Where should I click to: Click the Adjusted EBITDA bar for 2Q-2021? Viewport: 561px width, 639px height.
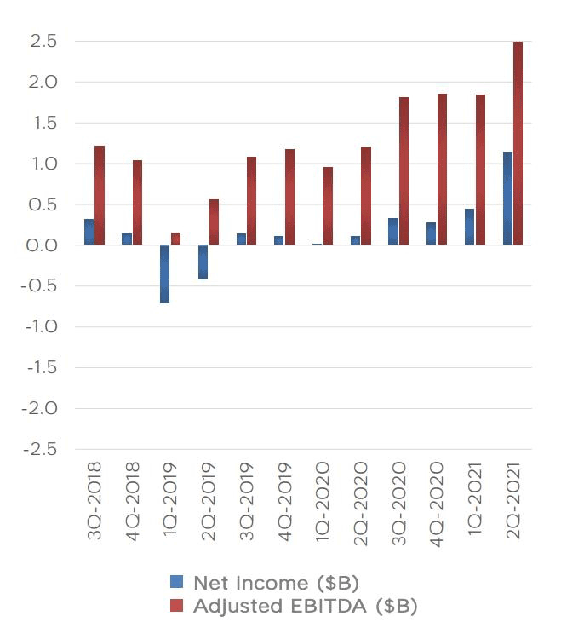click(x=518, y=143)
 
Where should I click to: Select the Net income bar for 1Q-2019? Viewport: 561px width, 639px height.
click(x=164, y=273)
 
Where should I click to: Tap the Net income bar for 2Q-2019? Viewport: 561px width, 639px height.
click(x=203, y=262)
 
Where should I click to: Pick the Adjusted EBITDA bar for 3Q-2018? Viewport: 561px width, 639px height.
click(x=100, y=195)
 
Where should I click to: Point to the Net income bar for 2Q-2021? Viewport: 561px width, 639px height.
click(x=507, y=199)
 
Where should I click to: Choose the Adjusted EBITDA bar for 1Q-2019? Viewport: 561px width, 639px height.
click(x=175, y=239)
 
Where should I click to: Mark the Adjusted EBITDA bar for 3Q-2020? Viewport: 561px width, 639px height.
click(x=404, y=171)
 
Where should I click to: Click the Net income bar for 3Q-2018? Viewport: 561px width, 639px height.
click(x=89, y=232)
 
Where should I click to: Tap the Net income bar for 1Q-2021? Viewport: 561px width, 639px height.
click(x=469, y=227)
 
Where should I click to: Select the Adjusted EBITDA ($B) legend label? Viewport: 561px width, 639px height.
click(x=305, y=606)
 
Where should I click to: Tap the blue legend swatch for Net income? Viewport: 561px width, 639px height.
click(x=177, y=583)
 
